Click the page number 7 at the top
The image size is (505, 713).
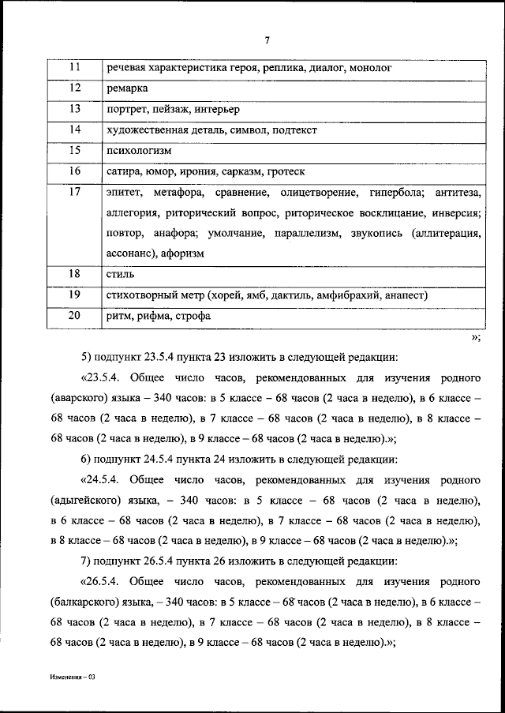267,40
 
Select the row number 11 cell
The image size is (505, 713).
75,69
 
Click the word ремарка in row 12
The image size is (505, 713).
126,89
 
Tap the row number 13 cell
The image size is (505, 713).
75,109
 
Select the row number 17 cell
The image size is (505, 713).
75,192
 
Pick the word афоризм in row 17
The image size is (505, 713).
184,254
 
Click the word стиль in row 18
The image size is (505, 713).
119,275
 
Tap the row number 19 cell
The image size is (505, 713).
75,295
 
